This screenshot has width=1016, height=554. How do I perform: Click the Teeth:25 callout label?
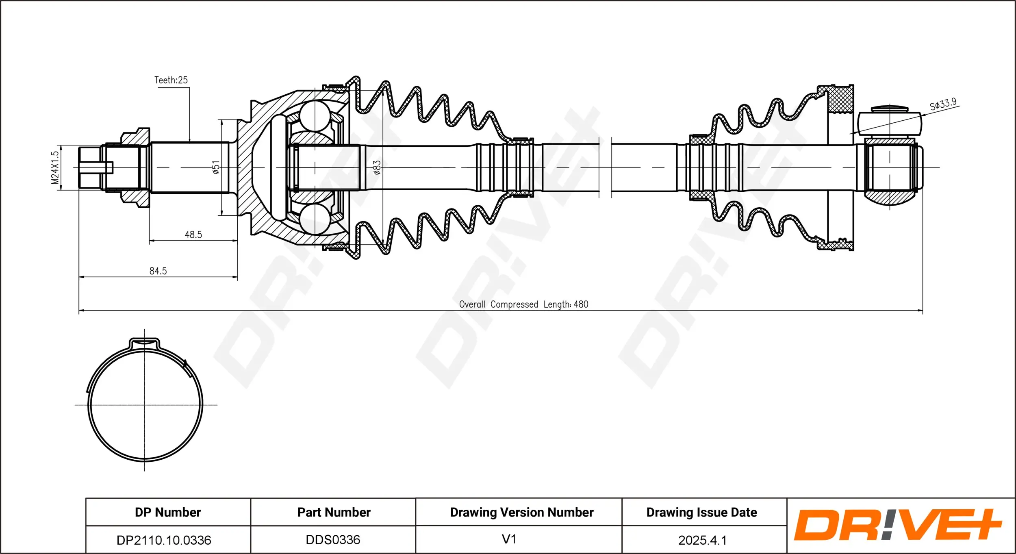[171, 80]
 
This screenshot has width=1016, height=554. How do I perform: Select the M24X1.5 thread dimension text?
[55, 167]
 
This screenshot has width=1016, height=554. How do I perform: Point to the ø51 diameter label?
[216, 167]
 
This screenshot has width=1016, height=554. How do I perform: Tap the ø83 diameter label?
[377, 167]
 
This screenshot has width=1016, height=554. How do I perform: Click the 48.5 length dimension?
[193, 235]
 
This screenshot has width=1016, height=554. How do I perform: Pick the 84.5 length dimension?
[158, 271]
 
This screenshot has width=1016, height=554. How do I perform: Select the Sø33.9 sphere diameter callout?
[943, 104]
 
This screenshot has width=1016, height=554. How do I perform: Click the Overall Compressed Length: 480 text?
[523, 304]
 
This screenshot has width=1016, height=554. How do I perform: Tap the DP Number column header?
[168, 512]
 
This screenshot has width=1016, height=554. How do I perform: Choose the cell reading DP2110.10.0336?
[164, 540]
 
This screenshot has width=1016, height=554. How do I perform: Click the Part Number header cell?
[334, 512]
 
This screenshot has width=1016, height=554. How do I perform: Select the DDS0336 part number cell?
[333, 540]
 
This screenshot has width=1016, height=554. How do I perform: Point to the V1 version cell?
[509, 539]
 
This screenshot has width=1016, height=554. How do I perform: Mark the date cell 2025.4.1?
[702, 540]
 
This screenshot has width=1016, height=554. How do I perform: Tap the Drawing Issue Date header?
[701, 512]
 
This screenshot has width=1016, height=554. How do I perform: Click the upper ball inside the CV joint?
[315, 116]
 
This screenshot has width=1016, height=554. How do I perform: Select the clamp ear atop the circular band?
[144, 344]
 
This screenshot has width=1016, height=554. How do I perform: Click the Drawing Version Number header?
[521, 512]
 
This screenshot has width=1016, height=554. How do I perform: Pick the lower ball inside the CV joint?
[315, 219]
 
